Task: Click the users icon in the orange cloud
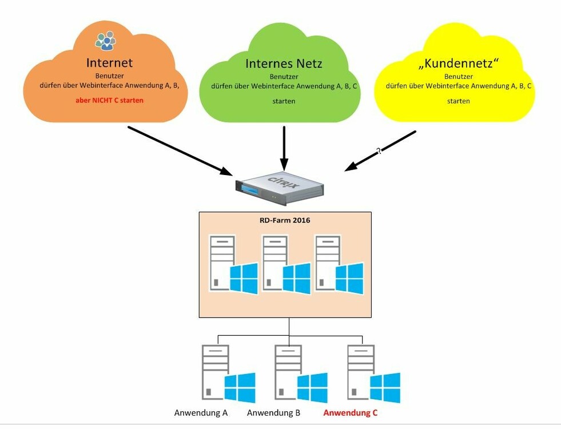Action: (105, 40)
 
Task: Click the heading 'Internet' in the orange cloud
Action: (109, 62)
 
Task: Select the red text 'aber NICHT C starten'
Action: (109, 100)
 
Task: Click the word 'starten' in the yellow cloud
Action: (459, 101)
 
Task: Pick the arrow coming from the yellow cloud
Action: (380, 150)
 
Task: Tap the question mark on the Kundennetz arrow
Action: (378, 152)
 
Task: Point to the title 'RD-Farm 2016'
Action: (284, 220)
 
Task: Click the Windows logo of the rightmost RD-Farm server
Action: (349, 278)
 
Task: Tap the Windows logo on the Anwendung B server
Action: (312, 387)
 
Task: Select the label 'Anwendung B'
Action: (274, 412)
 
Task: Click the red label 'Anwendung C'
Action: (351, 412)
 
